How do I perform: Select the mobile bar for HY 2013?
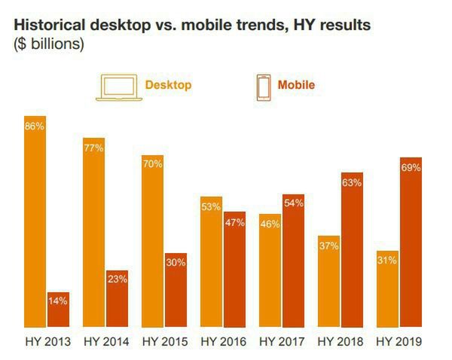click(x=58, y=309)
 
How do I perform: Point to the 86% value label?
click(x=35, y=127)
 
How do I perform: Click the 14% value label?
click(x=58, y=301)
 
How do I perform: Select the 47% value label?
click(x=234, y=221)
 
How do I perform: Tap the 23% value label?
click(x=117, y=279)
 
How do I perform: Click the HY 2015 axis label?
click(x=164, y=342)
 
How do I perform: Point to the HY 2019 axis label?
click(x=399, y=342)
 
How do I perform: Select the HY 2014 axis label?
click(x=106, y=342)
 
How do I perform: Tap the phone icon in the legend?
click(x=264, y=87)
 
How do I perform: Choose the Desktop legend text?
click(x=168, y=85)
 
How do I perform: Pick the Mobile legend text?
click(x=296, y=85)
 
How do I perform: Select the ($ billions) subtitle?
click(x=49, y=44)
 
